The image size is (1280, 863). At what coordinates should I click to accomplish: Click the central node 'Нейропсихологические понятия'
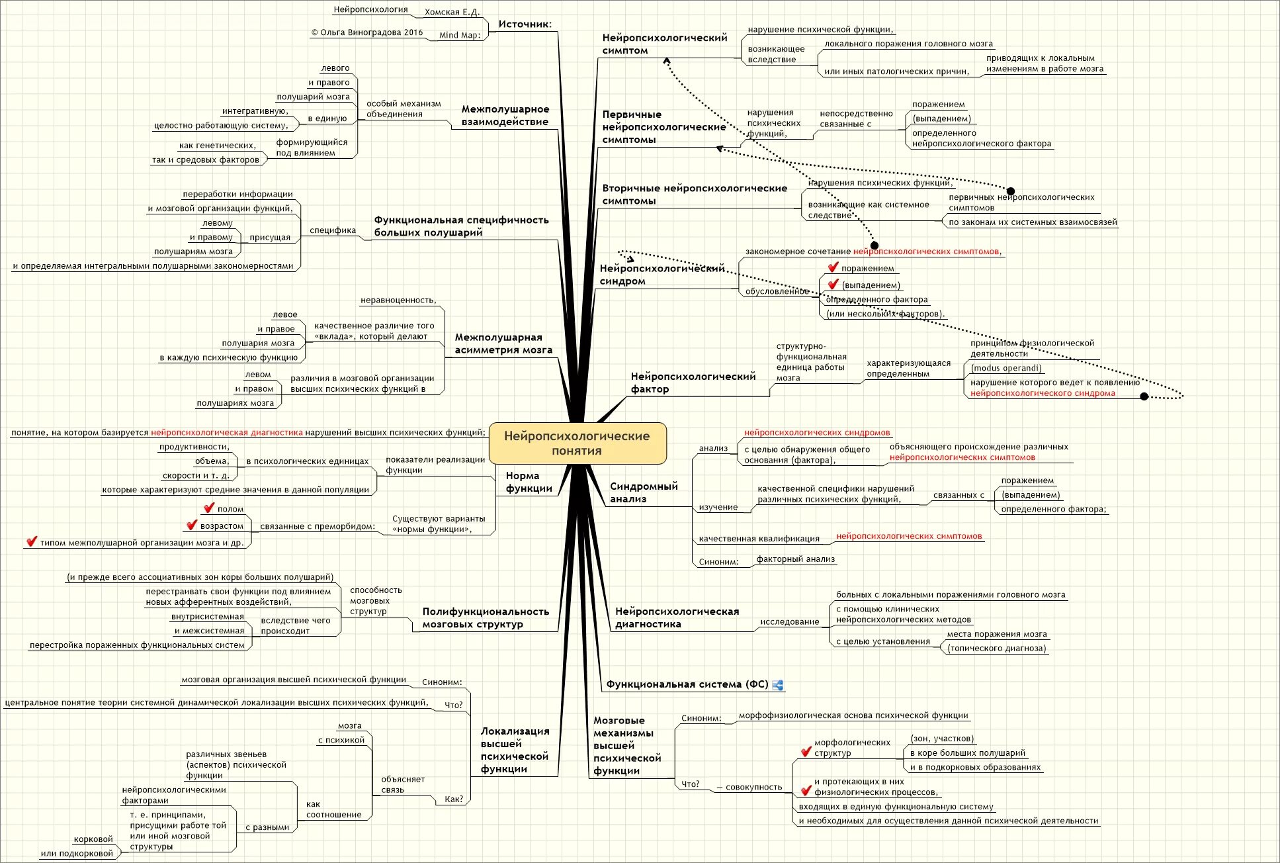[x=577, y=443]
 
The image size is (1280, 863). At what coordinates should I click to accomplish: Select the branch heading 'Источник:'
[x=525, y=24]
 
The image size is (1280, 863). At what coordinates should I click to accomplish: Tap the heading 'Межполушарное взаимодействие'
[x=505, y=115]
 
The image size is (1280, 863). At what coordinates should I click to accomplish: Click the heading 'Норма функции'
[x=529, y=482]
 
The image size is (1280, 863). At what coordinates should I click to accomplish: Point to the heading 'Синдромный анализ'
[x=644, y=492]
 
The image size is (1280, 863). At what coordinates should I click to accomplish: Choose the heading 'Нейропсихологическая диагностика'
[x=677, y=617]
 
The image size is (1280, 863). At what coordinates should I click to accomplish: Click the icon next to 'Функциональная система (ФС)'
[x=778, y=685]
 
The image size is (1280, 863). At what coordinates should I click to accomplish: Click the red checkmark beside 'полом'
[x=209, y=508]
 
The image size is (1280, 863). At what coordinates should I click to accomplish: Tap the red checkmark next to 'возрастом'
[x=192, y=525]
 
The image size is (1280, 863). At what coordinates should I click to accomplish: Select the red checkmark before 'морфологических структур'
[x=806, y=751]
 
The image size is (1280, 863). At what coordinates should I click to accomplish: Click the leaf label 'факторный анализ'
[x=795, y=559]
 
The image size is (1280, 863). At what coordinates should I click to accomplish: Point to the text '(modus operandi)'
[x=1005, y=368]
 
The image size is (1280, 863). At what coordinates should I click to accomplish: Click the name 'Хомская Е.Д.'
[x=452, y=12]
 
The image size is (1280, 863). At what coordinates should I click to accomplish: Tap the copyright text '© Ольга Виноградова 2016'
[x=367, y=32]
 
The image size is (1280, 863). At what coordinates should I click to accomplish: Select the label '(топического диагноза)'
[x=996, y=649]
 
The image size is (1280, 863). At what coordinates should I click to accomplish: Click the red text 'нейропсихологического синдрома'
[x=1043, y=393]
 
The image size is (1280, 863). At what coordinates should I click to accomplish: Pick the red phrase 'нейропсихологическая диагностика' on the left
[x=226, y=433]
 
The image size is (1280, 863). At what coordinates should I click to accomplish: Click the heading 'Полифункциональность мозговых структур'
[x=486, y=617]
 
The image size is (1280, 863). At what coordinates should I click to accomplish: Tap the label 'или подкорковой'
[x=77, y=853]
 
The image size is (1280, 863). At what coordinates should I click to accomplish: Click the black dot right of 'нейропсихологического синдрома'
[x=1144, y=396]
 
